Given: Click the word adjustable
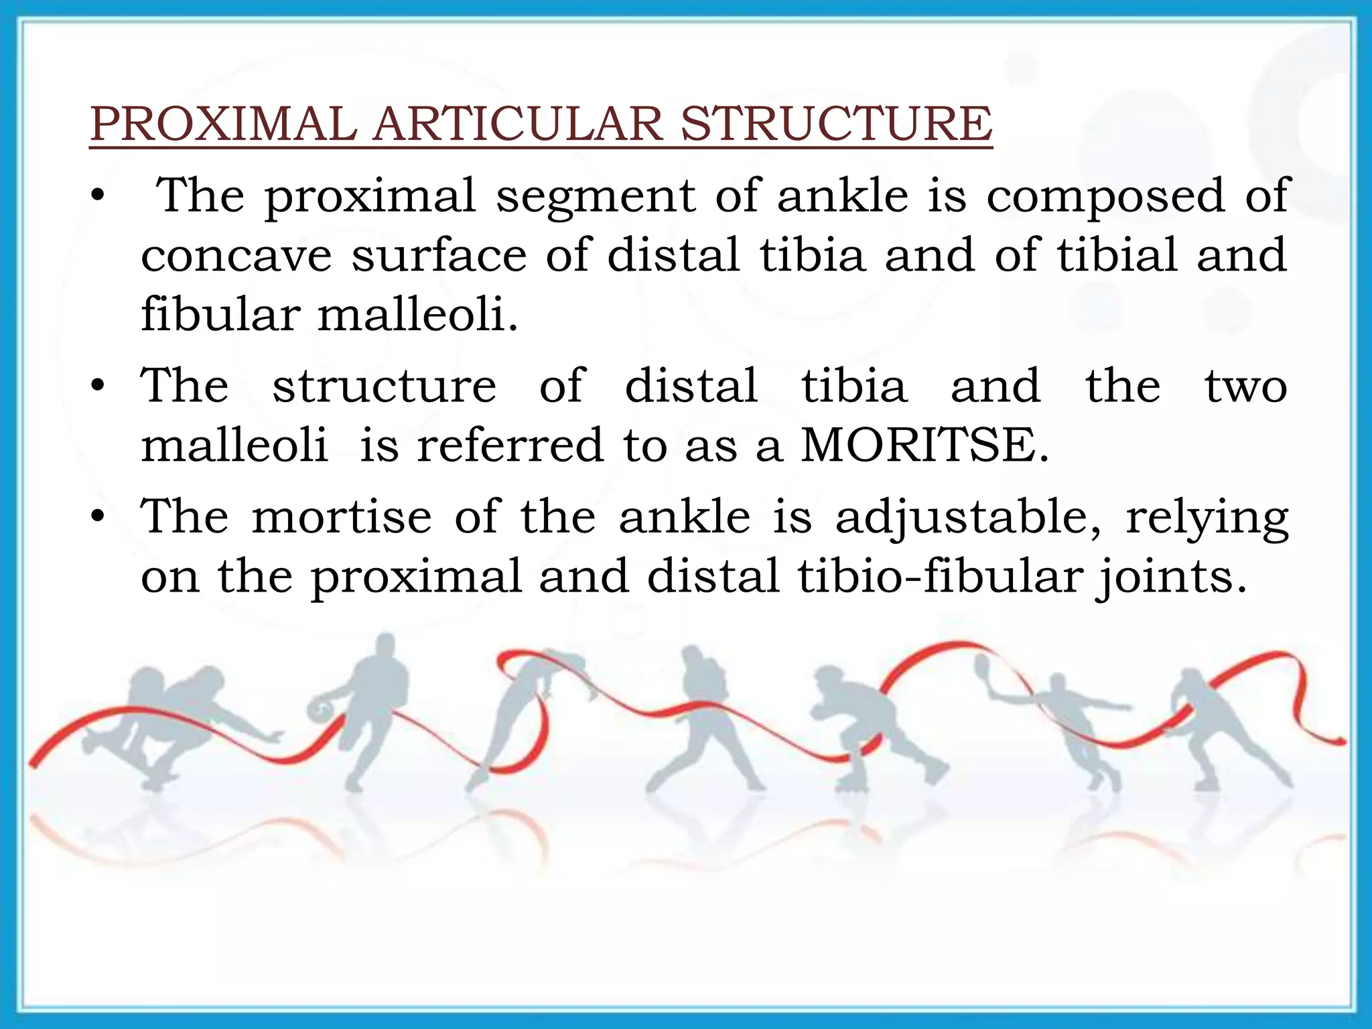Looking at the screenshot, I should pos(968,518).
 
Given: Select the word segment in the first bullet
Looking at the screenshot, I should pos(596,196).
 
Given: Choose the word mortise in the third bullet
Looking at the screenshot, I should pos(342,518).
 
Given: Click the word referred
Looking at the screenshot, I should pos(510,446).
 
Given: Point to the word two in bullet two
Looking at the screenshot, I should pos(1246,387).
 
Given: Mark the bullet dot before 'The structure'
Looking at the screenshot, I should pos(98,387).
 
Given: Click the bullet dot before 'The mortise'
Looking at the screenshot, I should pos(98,517).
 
